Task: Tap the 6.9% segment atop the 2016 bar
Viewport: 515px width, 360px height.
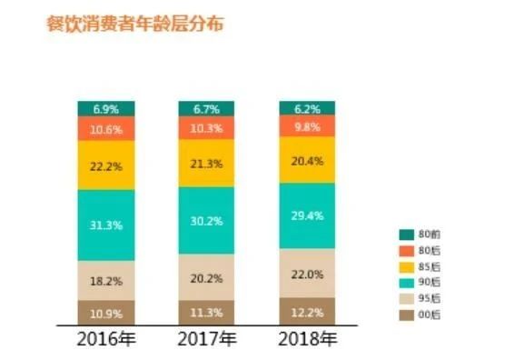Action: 105,108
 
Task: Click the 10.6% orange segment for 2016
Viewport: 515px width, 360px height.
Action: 105,128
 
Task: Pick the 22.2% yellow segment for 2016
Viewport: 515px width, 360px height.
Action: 105,165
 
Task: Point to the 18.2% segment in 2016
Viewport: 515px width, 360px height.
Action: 105,281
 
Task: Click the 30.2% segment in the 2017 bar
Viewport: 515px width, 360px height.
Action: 206,220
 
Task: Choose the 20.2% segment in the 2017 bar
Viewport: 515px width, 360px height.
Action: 206,278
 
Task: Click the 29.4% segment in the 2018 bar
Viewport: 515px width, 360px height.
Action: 307,215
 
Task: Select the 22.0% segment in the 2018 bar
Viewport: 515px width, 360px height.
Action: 307,273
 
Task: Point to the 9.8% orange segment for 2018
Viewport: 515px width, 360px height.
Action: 307,126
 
